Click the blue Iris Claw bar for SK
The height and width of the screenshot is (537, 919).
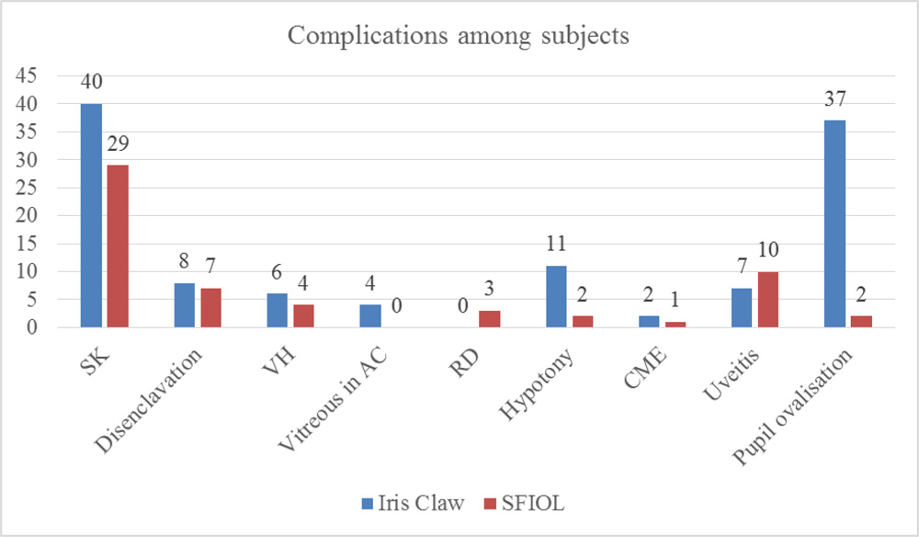90,215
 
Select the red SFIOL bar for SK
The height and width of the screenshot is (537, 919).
118,246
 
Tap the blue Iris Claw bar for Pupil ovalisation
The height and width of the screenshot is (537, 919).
834,223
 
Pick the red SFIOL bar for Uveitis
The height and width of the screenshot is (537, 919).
767,299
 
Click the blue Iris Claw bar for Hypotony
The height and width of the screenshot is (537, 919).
556,296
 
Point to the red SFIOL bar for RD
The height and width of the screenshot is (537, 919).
489,319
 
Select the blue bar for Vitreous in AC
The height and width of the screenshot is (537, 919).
369,315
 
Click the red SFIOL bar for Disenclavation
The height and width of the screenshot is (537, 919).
210,307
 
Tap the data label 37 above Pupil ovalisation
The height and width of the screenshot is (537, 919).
834,98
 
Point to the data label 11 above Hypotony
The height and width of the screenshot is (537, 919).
556,245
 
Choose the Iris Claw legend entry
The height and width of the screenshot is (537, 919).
408,503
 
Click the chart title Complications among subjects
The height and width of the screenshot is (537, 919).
459,35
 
